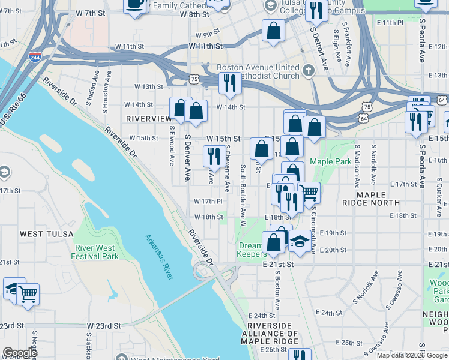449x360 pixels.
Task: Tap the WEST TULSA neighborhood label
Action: (46, 233)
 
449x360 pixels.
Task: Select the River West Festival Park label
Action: (97, 252)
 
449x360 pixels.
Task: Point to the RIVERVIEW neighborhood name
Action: (149, 119)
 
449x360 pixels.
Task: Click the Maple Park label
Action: (330, 162)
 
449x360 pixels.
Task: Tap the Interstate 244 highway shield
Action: (35, 58)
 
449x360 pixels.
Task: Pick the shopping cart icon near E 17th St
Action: (309, 192)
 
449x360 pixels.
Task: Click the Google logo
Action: (19, 353)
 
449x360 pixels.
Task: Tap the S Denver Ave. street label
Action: (188, 158)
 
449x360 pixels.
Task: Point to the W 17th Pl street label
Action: (208, 202)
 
